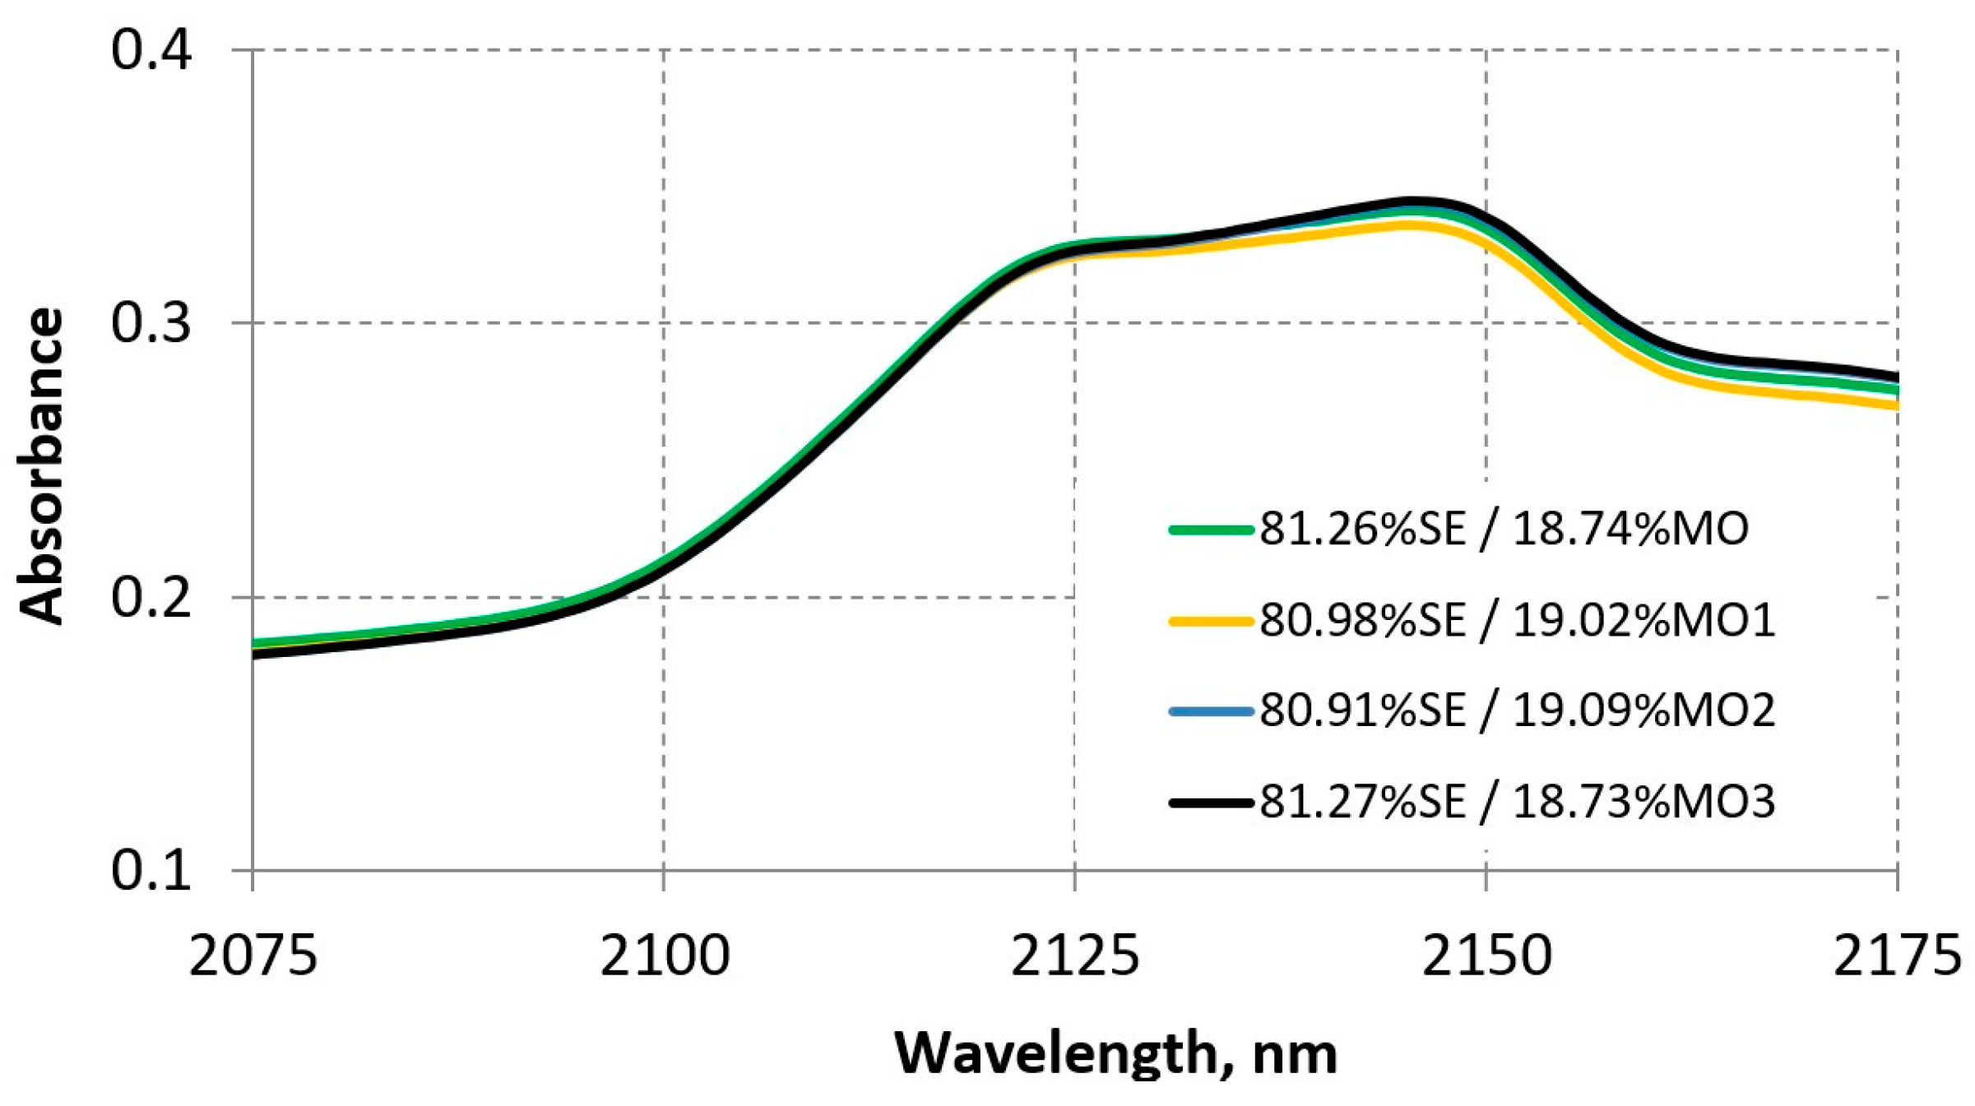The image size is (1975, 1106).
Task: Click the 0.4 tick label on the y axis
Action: click(x=151, y=50)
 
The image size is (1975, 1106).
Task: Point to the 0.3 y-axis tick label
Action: click(x=151, y=323)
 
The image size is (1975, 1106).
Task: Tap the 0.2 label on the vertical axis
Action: click(x=151, y=597)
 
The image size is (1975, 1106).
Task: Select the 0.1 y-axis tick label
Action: click(x=151, y=870)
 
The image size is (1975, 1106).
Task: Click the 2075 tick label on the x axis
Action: click(x=253, y=956)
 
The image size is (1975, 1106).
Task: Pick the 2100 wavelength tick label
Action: click(x=664, y=956)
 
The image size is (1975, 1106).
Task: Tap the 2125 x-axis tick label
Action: click(x=1074, y=956)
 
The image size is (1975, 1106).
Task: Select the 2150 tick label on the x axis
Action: click(x=1486, y=956)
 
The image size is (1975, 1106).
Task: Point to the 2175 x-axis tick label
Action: click(x=1896, y=956)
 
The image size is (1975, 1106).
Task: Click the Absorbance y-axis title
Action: click(x=41, y=465)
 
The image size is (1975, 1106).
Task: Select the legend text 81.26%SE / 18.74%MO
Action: click(x=1504, y=529)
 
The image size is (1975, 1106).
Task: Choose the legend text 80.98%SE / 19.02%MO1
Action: click(x=1517, y=620)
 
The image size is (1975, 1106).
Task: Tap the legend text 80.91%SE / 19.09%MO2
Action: click(x=1517, y=710)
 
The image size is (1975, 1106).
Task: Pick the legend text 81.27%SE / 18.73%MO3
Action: click(x=1517, y=802)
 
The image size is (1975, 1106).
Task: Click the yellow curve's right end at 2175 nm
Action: click(x=1894, y=405)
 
